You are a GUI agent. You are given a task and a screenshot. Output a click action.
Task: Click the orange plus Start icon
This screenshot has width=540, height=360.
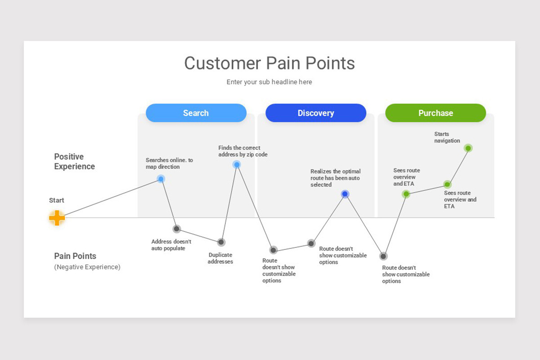57,218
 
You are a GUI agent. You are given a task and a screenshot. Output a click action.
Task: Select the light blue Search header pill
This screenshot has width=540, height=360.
196,113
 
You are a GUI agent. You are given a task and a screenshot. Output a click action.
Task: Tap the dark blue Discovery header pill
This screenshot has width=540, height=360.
315,113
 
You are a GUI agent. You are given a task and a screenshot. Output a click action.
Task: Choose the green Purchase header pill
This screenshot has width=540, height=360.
435,113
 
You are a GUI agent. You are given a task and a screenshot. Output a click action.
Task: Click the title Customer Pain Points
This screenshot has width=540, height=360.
269,63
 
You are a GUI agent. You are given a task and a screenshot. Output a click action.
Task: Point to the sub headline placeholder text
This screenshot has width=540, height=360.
269,82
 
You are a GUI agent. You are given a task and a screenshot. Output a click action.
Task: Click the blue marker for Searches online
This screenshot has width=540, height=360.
161,179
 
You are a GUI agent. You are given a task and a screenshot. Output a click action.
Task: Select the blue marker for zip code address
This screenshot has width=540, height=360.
236,164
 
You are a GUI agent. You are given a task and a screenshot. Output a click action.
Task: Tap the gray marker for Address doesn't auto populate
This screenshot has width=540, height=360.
176,229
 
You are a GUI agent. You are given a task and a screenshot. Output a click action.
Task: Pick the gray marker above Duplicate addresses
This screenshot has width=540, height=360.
221,242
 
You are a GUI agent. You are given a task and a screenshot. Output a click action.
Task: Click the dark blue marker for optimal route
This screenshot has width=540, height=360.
345,194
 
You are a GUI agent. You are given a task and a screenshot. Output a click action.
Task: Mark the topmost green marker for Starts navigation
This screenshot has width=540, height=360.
468,148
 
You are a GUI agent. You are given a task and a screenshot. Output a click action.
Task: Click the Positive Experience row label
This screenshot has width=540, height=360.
74,162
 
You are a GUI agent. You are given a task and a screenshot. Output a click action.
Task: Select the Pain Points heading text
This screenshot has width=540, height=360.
75,256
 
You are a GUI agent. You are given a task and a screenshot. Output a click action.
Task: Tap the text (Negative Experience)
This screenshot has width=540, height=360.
87,267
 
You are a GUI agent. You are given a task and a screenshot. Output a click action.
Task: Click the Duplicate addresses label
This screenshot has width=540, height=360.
220,258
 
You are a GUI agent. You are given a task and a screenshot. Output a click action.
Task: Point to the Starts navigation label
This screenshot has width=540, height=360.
447,137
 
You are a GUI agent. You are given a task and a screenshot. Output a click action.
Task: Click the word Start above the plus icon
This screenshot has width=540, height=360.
57,200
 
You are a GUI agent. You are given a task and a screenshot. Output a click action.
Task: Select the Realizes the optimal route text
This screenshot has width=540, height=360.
335,178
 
